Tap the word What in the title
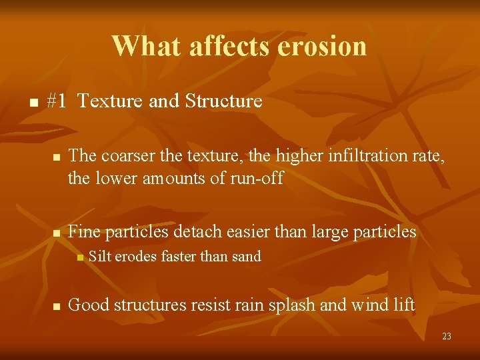point(146,46)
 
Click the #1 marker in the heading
point(57,101)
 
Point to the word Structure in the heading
point(223,101)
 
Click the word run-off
point(257,178)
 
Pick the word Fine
point(84,232)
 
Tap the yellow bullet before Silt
point(79,257)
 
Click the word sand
point(245,256)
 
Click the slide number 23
point(446,337)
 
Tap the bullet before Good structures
point(57,307)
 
